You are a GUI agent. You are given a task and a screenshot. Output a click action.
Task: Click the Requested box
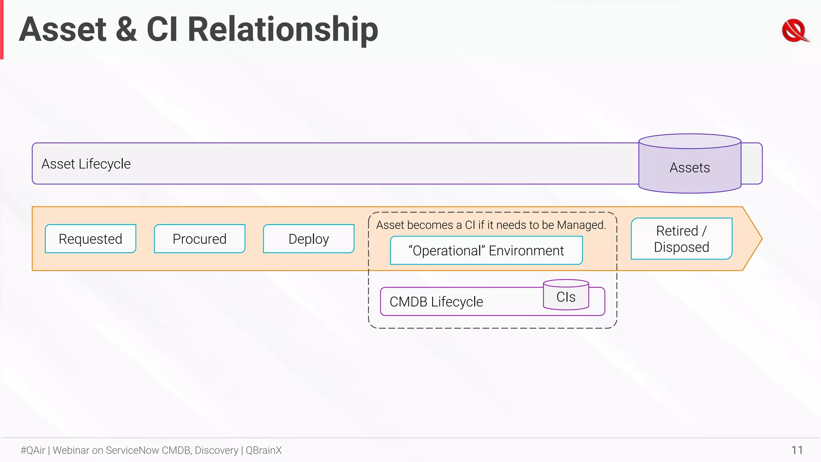(x=90, y=239)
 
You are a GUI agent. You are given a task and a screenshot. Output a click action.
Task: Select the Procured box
(x=199, y=239)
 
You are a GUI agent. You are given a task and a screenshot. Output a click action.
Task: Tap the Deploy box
(x=308, y=239)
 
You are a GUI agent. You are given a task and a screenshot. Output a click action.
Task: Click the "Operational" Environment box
(x=486, y=251)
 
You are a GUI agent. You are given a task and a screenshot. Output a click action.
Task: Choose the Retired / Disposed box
(x=681, y=239)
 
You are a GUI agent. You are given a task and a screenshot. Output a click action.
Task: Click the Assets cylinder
(x=690, y=167)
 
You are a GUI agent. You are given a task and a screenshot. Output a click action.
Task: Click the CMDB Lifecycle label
(x=436, y=302)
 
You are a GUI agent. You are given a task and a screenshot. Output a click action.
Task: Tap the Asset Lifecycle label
(x=86, y=164)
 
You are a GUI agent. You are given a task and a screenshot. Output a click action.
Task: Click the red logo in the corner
(x=795, y=30)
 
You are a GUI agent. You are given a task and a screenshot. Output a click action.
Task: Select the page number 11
(x=797, y=450)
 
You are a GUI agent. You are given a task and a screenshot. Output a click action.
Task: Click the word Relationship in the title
(x=283, y=30)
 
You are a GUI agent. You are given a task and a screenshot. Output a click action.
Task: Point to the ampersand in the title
(x=126, y=30)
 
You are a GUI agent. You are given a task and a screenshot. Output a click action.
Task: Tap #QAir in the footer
(x=33, y=450)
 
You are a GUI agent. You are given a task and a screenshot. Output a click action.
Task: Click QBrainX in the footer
(x=264, y=450)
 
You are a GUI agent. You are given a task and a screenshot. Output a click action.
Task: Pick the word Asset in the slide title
(x=63, y=30)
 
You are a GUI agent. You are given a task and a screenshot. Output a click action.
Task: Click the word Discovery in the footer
(x=216, y=450)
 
